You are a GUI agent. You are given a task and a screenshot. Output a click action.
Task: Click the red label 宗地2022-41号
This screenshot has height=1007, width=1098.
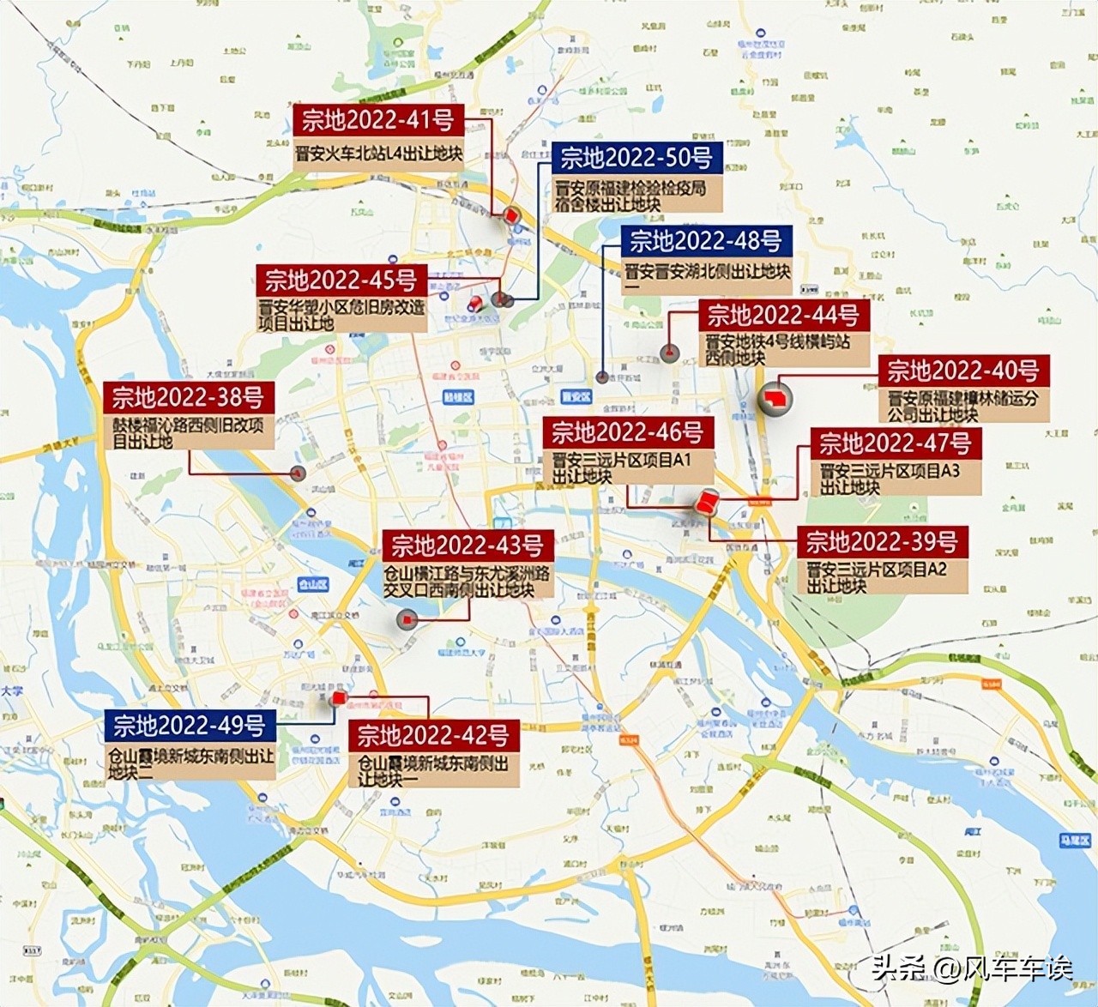(x=378, y=120)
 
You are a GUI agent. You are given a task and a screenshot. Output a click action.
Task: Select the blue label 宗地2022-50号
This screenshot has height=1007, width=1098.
(x=636, y=158)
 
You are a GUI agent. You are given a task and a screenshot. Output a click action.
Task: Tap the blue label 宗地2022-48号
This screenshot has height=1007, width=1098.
(x=705, y=241)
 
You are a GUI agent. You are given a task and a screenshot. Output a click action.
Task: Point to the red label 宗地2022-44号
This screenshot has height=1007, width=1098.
(x=783, y=316)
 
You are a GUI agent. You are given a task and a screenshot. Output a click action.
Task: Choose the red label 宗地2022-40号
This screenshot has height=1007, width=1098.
(x=963, y=371)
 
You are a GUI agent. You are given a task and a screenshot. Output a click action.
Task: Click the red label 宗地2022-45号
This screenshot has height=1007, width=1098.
(x=341, y=280)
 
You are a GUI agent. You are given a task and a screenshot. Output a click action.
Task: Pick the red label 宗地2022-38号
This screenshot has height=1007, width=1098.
(x=189, y=397)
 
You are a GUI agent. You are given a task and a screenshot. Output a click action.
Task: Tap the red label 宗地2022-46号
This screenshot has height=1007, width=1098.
(x=628, y=432)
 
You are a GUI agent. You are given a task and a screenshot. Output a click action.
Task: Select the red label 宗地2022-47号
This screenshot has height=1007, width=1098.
(x=896, y=443)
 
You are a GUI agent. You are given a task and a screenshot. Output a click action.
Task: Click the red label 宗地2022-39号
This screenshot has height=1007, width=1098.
(x=882, y=542)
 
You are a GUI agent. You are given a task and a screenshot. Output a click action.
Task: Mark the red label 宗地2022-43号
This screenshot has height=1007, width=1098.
(x=468, y=546)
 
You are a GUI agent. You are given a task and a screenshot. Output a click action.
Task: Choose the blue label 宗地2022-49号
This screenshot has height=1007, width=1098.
(x=190, y=726)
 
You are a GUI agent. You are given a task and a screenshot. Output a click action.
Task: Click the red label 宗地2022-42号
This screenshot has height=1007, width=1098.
(x=433, y=736)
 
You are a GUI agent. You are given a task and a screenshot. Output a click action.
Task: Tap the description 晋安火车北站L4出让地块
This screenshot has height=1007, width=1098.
(x=378, y=154)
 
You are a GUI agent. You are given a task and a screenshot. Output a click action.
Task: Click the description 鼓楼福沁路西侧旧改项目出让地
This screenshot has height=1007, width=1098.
(x=189, y=432)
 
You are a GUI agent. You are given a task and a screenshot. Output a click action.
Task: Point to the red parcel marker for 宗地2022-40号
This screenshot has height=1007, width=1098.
(x=775, y=399)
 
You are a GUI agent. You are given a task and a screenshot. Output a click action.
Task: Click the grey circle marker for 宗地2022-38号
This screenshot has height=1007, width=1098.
(x=299, y=473)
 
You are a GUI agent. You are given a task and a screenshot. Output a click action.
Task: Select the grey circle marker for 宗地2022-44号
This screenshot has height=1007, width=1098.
(x=669, y=353)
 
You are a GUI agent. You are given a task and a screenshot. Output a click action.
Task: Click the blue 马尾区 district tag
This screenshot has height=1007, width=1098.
(x=1073, y=841)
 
